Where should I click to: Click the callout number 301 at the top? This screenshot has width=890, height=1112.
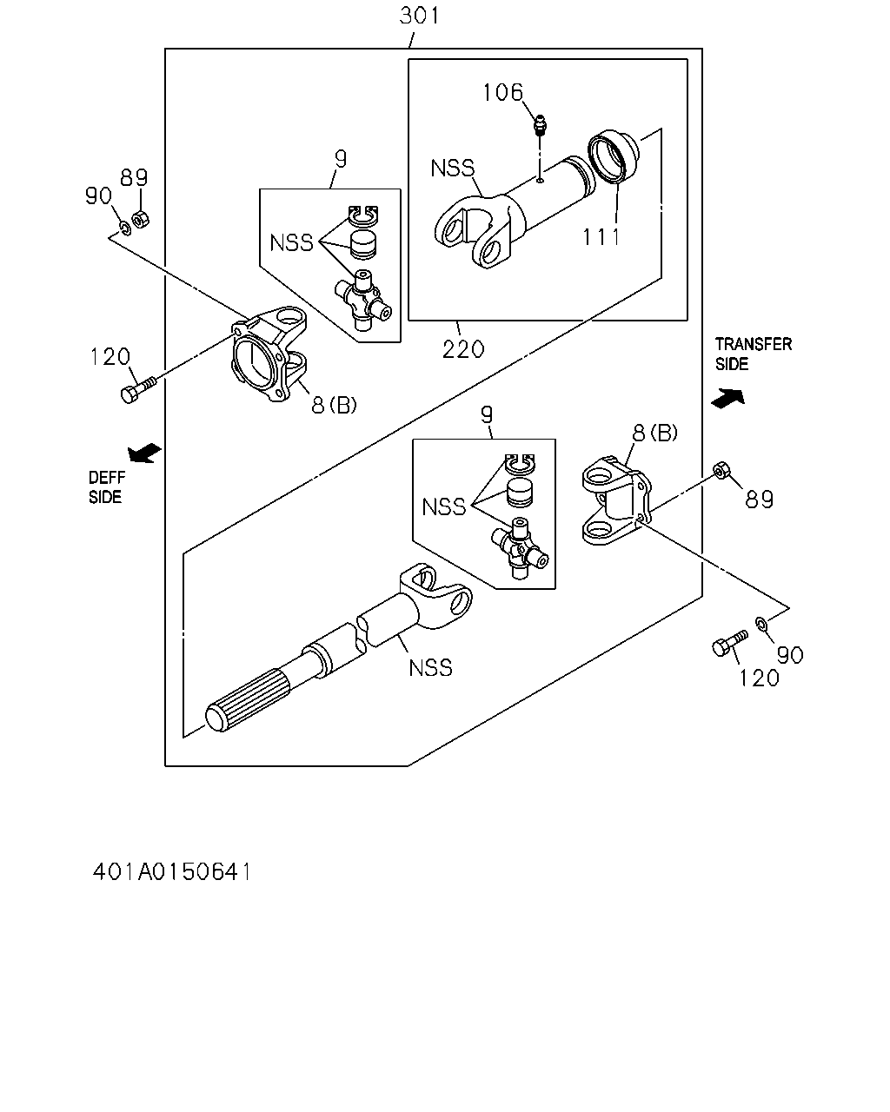click(x=419, y=16)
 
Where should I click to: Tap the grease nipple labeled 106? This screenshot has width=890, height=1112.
click(x=541, y=125)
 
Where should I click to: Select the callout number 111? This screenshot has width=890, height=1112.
click(x=601, y=237)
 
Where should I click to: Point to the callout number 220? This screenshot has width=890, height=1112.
click(x=463, y=350)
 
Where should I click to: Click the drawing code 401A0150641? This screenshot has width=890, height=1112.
click(x=172, y=872)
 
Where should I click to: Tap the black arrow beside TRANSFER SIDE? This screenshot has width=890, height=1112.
click(x=728, y=399)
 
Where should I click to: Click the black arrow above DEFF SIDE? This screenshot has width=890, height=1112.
click(x=145, y=453)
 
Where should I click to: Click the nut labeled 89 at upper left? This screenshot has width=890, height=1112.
click(x=140, y=220)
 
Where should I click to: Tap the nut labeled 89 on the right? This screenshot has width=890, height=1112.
click(x=721, y=470)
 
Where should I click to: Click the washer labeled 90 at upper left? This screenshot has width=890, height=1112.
click(x=124, y=227)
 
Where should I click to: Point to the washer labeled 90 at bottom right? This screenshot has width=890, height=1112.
click(x=761, y=624)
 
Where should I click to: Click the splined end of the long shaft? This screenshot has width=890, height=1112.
click(x=249, y=701)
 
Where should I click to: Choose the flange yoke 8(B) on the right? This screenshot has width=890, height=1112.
click(x=617, y=500)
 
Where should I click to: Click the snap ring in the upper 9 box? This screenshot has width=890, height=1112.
click(x=363, y=215)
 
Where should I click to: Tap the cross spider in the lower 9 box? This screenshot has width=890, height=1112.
click(x=520, y=550)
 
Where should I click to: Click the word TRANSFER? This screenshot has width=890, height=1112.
click(x=754, y=344)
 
